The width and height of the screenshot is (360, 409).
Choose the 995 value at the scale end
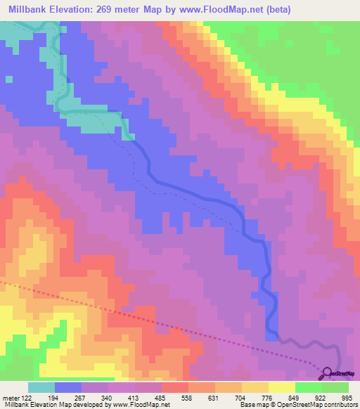pyautogui.click(x=347, y=398)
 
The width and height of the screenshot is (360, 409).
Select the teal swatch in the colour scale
pyautogui.click(x=41, y=387)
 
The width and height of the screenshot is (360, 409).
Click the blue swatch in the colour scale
pyautogui.click(x=68, y=387)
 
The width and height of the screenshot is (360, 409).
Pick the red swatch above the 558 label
pyautogui.click(x=175, y=387)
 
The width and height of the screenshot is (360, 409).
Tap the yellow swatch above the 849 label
pyautogui.click(x=282, y=387)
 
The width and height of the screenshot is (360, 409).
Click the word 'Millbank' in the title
pyautogui.click(x=32, y=10)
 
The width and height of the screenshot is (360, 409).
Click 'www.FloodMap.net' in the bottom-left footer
pyautogui.click(x=138, y=405)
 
